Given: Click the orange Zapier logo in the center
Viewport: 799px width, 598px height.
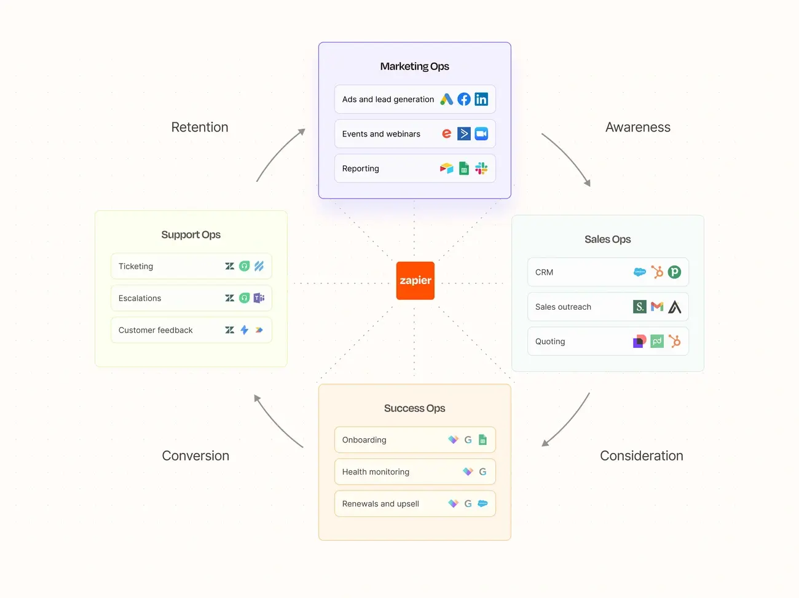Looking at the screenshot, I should pyautogui.click(x=415, y=280).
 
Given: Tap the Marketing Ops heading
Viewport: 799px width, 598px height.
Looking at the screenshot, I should pyautogui.click(x=414, y=66).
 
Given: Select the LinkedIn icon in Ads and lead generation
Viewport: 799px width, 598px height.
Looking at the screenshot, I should pyautogui.click(x=481, y=99).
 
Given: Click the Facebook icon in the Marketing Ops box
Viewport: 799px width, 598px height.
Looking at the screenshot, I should pyautogui.click(x=464, y=99).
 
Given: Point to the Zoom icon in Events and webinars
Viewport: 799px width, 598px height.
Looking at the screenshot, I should pyautogui.click(x=481, y=133).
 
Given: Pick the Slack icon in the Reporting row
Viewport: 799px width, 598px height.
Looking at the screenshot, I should pyautogui.click(x=481, y=168).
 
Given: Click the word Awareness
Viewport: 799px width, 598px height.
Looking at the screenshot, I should pyautogui.click(x=637, y=127).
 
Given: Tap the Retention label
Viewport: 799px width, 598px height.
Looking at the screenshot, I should pyautogui.click(x=199, y=127).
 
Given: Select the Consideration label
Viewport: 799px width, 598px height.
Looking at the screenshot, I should pyautogui.click(x=641, y=455).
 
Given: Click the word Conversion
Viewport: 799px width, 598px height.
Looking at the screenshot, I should pyautogui.click(x=195, y=455).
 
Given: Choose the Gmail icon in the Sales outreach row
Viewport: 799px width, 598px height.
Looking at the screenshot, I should pyautogui.click(x=657, y=307).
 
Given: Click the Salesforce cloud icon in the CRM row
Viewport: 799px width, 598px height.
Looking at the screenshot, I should pyautogui.click(x=640, y=272).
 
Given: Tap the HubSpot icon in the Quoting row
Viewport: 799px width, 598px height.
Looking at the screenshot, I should pyautogui.click(x=675, y=341).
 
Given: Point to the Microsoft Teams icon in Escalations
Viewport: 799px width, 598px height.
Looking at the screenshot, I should pyautogui.click(x=259, y=298).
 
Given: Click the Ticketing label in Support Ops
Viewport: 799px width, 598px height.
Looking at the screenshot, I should pyautogui.click(x=136, y=266).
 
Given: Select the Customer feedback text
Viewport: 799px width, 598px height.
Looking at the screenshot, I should pyautogui.click(x=155, y=330).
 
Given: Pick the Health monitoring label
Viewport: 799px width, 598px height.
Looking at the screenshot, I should pyautogui.click(x=376, y=472).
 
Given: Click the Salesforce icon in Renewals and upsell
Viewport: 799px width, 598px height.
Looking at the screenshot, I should pyautogui.click(x=482, y=503).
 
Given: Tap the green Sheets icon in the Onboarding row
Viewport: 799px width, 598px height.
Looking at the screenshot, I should pyautogui.click(x=482, y=439).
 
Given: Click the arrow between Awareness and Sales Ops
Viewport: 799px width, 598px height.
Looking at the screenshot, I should pyautogui.click(x=567, y=159).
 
